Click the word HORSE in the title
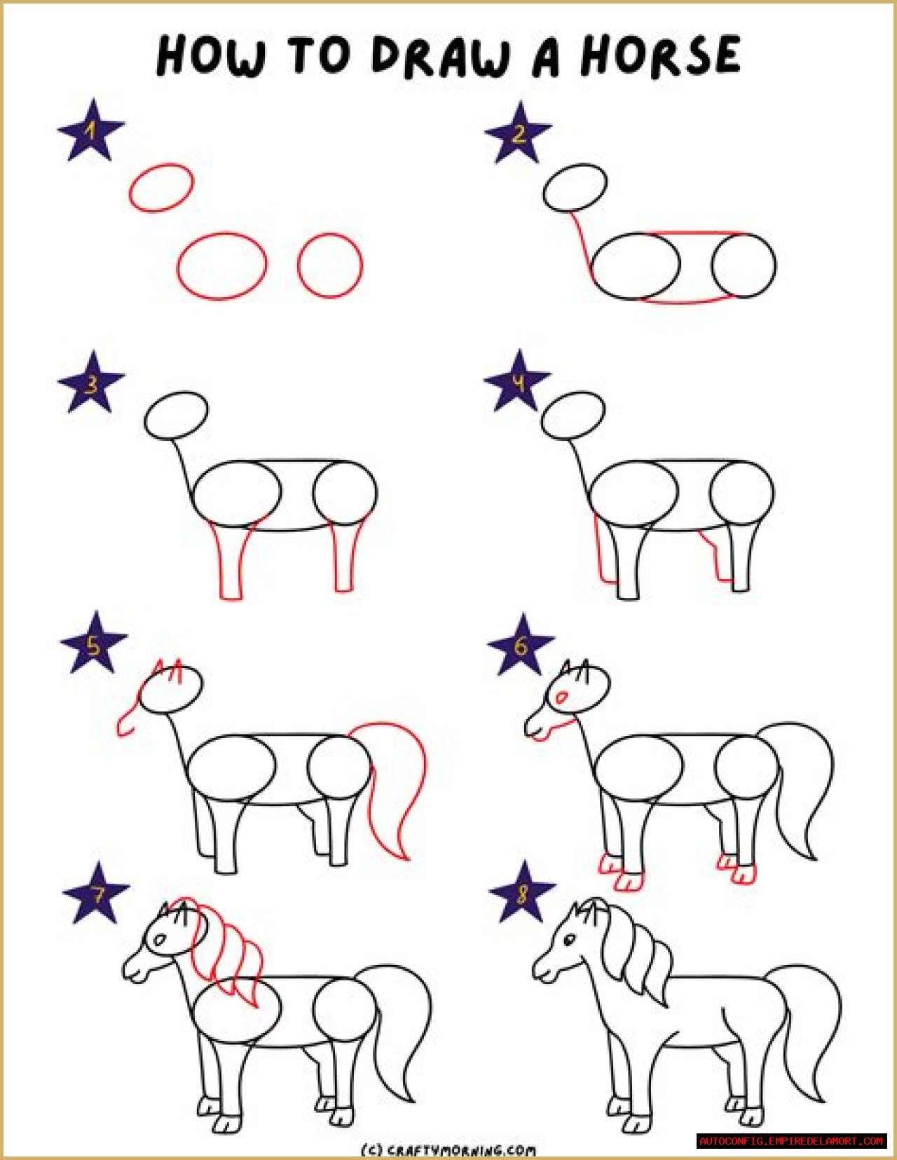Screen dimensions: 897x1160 661,55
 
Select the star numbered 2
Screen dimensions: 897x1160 518,133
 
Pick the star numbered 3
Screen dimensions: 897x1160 91,382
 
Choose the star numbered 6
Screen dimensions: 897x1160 521,644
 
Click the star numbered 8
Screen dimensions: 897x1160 522,892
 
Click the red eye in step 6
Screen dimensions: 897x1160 561,697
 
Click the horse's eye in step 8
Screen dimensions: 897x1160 570,939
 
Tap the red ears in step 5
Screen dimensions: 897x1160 167,671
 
